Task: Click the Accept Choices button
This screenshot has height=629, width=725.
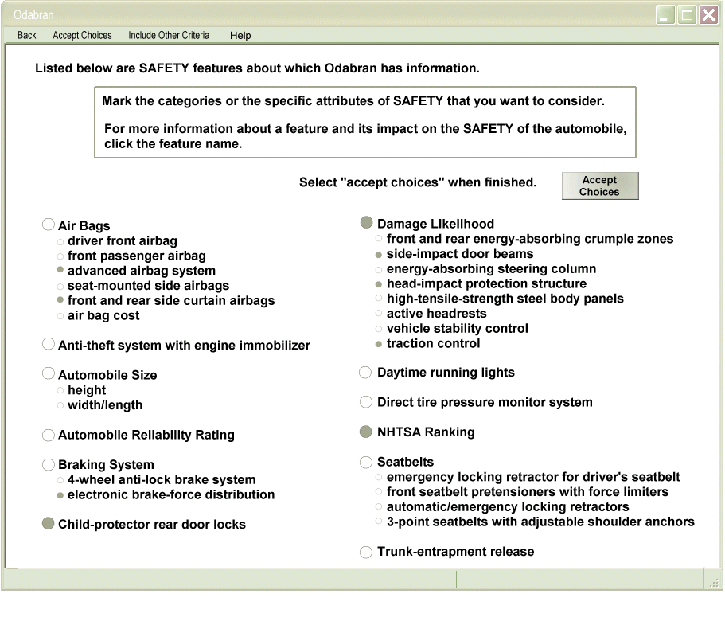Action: pos(599,186)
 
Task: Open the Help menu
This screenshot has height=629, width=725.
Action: pos(240,35)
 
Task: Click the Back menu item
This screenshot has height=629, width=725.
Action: pos(26,35)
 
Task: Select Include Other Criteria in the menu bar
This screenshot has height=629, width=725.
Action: pos(169,35)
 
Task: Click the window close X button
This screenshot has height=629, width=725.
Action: pos(708,14)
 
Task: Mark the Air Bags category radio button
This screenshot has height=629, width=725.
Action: pos(49,225)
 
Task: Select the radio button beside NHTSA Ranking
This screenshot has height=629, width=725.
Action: pos(366,432)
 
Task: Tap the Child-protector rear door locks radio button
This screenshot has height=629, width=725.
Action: pos(49,524)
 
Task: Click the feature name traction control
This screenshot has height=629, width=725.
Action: pos(433,343)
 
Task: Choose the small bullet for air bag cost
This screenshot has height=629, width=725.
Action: pos(60,316)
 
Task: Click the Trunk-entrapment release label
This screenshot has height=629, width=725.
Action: pos(455,552)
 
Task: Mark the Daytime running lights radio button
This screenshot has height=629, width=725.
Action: pos(366,373)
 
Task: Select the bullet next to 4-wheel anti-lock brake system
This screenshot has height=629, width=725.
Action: pos(60,480)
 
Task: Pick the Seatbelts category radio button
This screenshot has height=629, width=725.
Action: pos(366,462)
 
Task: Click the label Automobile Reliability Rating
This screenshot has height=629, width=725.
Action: pos(146,435)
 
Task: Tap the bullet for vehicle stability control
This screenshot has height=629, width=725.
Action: pos(379,329)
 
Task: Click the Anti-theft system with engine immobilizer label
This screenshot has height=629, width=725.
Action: pos(184,345)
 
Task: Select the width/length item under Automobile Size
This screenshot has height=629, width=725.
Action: pos(105,405)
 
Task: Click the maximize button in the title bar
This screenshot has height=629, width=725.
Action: pos(687,14)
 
